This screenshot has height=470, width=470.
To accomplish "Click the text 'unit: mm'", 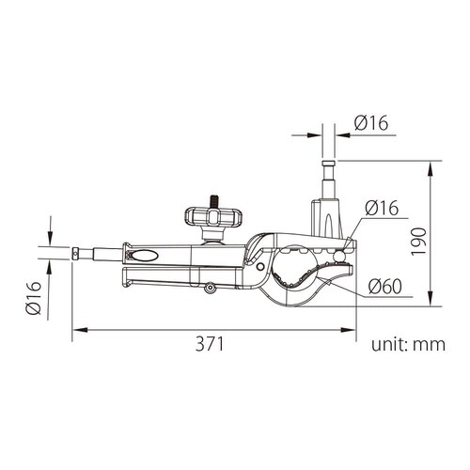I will click(x=407, y=344).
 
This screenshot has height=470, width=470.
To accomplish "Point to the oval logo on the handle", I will click(x=146, y=255).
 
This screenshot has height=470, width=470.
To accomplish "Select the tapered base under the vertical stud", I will click(x=329, y=214).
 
